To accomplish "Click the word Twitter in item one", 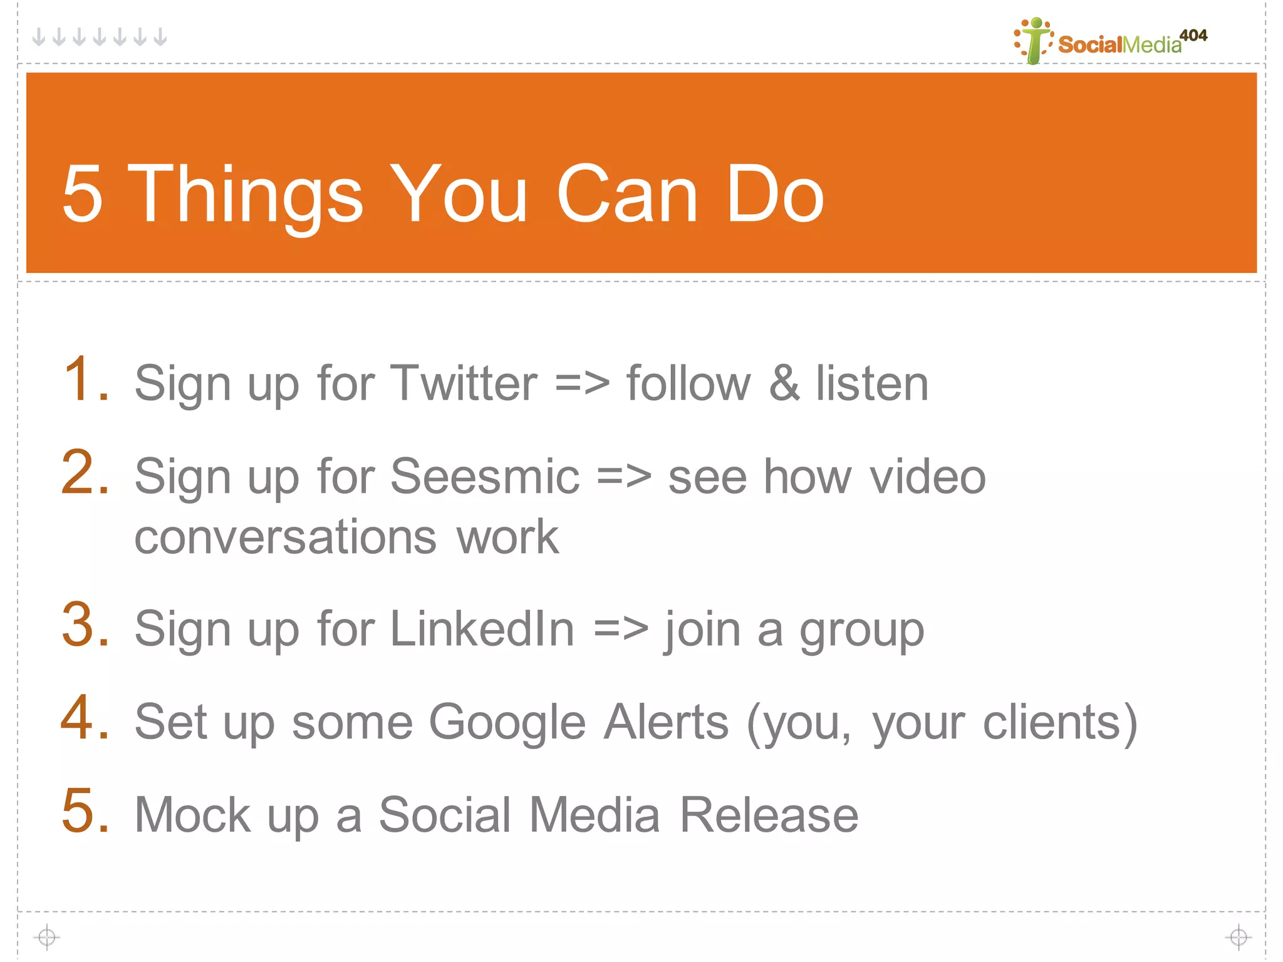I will [463, 383].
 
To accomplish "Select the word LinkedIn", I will [482, 629].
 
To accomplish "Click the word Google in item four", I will [507, 722].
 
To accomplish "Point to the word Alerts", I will [666, 722].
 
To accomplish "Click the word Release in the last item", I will [769, 815].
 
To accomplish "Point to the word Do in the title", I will [774, 194].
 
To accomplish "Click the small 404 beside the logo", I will [1193, 35].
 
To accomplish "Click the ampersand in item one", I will [783, 383].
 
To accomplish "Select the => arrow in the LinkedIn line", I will [620, 629].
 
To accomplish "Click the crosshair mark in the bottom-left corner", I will [47, 937].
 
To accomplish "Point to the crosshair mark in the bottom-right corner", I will [1238, 937].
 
